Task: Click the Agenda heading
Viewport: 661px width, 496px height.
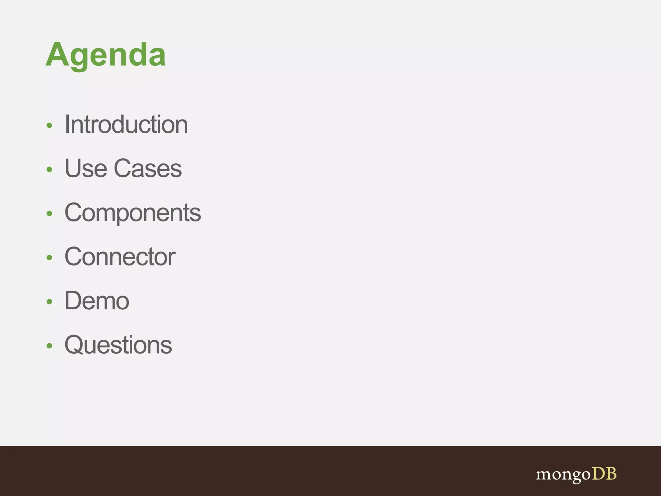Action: (106, 55)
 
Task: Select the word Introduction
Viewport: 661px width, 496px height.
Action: (126, 124)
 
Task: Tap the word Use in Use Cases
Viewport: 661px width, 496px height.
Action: (86, 168)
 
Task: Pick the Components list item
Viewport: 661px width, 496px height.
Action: (133, 213)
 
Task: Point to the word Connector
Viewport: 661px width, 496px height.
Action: (120, 257)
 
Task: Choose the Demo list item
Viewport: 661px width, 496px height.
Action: (97, 301)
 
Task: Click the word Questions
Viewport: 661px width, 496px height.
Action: (118, 345)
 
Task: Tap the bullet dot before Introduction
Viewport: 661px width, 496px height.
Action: (49, 125)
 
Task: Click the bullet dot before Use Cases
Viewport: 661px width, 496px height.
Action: (49, 169)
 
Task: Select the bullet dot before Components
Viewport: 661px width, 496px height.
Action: (49, 213)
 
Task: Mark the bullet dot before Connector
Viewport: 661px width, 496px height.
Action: (49, 257)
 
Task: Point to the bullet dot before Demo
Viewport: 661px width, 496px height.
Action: (49, 302)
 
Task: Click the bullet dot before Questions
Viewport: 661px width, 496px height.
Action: (49, 346)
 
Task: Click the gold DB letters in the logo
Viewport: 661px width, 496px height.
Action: (604, 474)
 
